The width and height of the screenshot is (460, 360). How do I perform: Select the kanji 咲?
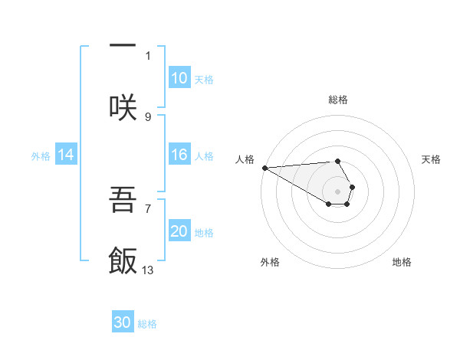click(123, 106)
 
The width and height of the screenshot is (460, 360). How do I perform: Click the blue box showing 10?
click(179, 78)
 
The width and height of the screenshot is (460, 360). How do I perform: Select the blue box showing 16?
click(179, 155)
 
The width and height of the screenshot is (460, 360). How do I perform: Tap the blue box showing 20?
click(179, 232)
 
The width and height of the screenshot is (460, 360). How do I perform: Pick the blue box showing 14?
click(66, 155)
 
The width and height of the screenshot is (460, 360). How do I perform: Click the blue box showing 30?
click(123, 322)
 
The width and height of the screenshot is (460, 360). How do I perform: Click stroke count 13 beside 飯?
click(148, 270)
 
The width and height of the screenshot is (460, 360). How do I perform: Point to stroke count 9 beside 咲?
click(148, 116)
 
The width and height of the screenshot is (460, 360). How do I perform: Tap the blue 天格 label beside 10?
click(204, 79)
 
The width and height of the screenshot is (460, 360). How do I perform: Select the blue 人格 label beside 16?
click(204, 156)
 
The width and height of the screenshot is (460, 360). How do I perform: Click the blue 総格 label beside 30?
click(147, 323)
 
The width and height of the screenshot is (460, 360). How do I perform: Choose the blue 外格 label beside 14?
click(41, 156)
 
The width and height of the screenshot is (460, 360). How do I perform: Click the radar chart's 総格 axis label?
click(338, 100)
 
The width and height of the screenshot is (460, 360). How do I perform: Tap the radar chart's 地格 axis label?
click(402, 263)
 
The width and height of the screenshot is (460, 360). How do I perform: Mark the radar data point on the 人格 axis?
click(264, 168)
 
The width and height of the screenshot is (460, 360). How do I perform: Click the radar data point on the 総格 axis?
click(337, 161)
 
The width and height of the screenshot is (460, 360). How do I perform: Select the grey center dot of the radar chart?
click(337, 191)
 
